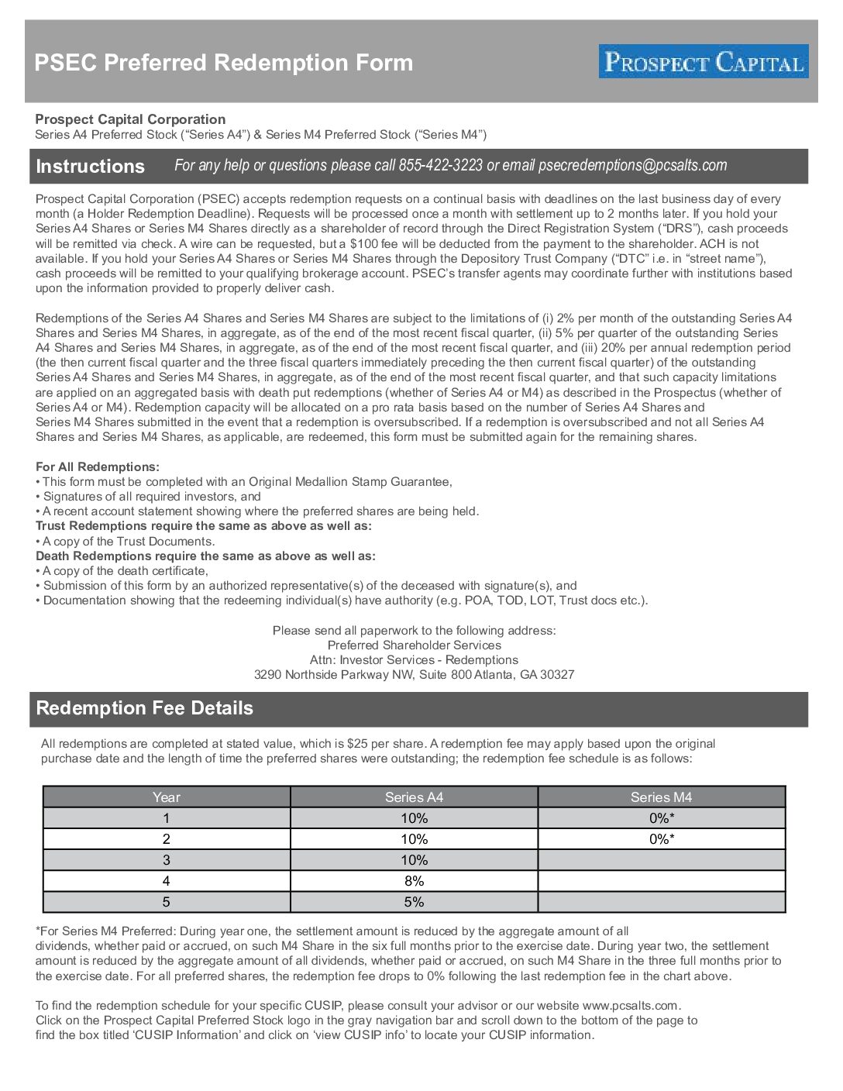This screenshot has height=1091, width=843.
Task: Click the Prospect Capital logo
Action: [x=703, y=61]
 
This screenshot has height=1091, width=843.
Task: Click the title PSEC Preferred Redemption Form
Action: [x=223, y=63]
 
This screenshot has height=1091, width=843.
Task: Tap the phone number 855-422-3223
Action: [x=440, y=165]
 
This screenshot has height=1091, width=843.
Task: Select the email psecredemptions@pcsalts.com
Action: [x=632, y=165]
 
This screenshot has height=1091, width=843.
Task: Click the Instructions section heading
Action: [x=90, y=167]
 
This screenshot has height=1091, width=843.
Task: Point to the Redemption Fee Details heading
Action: [x=144, y=708]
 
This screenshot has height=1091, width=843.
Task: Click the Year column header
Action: [x=166, y=797]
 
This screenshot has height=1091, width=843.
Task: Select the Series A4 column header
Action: [x=414, y=797]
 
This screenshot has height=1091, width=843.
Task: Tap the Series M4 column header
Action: [x=661, y=797]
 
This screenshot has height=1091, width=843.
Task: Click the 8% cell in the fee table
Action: [x=414, y=881]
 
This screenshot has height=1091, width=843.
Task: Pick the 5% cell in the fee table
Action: [x=414, y=902]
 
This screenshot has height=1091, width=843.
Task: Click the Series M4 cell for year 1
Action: [x=661, y=818]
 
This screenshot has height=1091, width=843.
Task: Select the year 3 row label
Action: [x=166, y=860]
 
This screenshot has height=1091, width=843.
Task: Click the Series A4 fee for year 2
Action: [x=414, y=839]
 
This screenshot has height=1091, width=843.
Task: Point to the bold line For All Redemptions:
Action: [x=98, y=467]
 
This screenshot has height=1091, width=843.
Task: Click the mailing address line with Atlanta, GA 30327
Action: [x=414, y=675]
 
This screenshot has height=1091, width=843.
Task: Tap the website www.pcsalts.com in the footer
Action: [x=630, y=1006]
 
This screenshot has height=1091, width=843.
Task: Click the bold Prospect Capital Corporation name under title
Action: [x=130, y=119]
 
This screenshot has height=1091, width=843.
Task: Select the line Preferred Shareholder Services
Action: [x=414, y=645]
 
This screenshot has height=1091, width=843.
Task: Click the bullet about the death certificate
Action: [x=125, y=571]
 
